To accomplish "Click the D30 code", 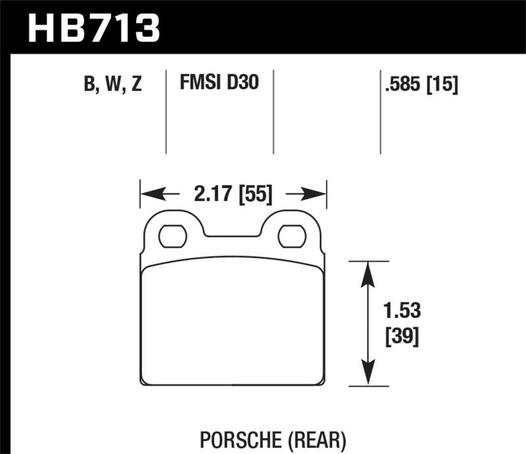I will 243,83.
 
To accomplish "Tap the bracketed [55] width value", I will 255,194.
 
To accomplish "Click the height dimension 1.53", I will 399,309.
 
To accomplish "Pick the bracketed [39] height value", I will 399,337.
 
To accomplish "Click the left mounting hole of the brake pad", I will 172,236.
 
